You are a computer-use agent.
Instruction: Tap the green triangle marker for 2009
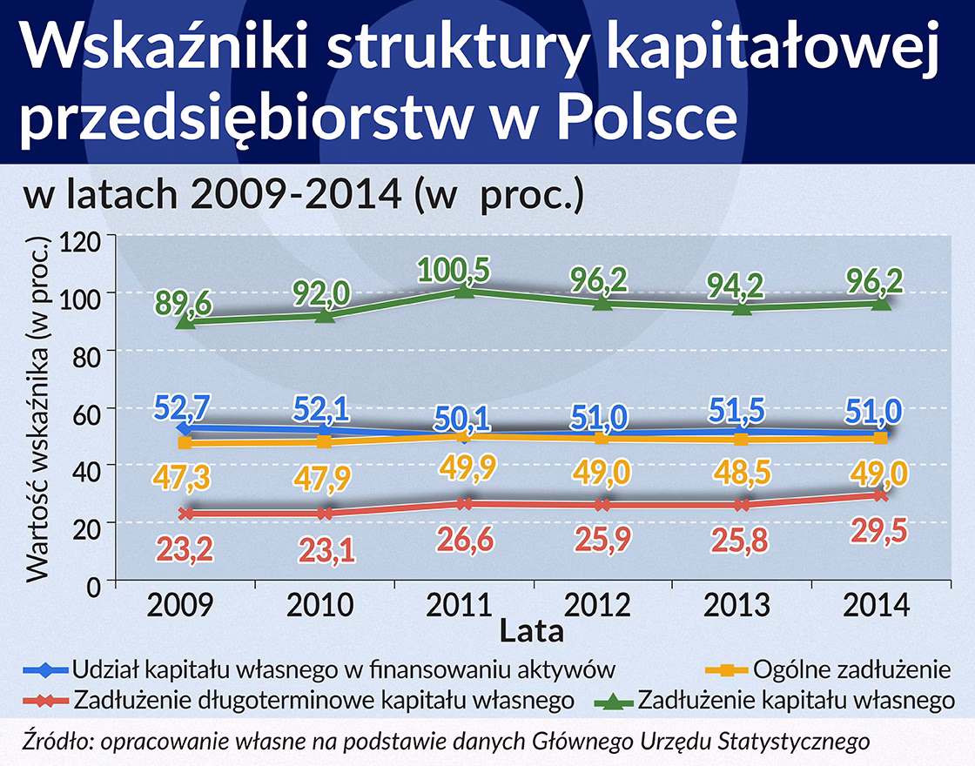coord(185,320)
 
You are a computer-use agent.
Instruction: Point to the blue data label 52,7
coord(184,407)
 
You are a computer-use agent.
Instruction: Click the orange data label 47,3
coord(185,478)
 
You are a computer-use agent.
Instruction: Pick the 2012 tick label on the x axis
coord(601,605)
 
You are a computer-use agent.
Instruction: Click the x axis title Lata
coord(532,631)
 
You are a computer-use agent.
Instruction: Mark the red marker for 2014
coord(881,494)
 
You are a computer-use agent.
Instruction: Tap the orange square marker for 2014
coord(881,438)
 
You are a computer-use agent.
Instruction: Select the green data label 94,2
coord(742,283)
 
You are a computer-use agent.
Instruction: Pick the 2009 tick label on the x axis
coord(185,605)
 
